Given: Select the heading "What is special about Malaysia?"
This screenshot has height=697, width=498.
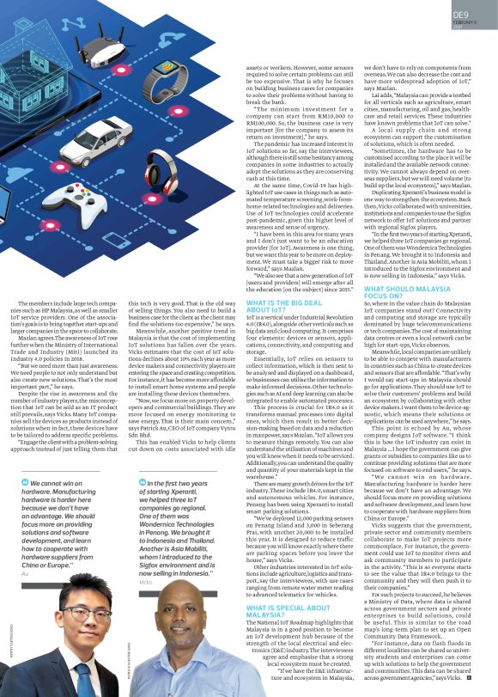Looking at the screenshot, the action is click(276, 588).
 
